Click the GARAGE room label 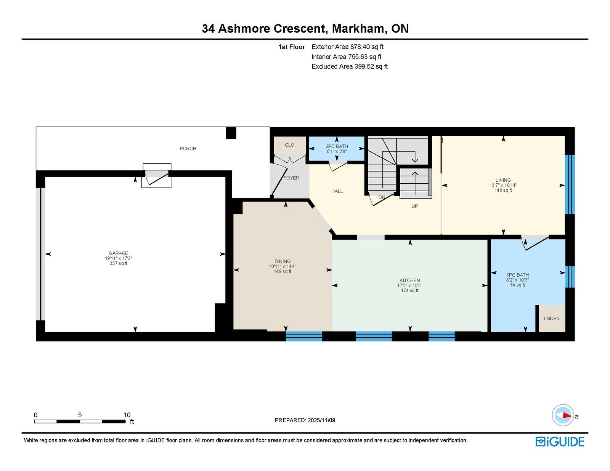click(x=119, y=253)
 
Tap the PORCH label click(x=188, y=148)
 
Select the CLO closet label click(x=289, y=145)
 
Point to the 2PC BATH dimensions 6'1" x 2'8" click(x=337, y=151)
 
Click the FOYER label click(x=291, y=178)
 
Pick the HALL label click(x=337, y=191)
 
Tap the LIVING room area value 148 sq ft click(x=503, y=190)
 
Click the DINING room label click(x=283, y=261)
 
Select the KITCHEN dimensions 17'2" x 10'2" click(x=409, y=285)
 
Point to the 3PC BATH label click(x=517, y=275)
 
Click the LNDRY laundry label click(x=552, y=319)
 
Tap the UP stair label click(x=415, y=206)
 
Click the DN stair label click(x=382, y=197)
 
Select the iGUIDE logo click(x=559, y=442)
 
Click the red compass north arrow click(x=567, y=415)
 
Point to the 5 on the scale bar click(x=80, y=415)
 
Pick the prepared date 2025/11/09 click(x=321, y=420)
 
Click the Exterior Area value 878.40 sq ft click(x=367, y=47)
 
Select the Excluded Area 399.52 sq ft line click(x=350, y=66)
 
